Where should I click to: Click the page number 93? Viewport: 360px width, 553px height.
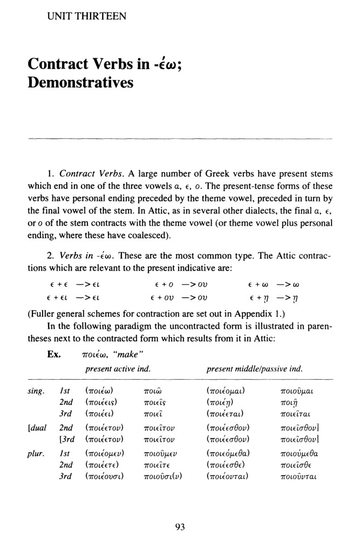tap(180, 528)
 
